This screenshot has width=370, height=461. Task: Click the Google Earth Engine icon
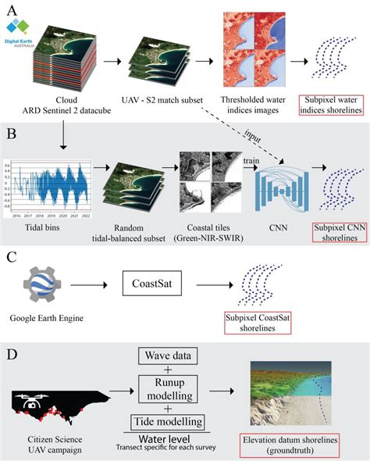(x=45, y=286)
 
